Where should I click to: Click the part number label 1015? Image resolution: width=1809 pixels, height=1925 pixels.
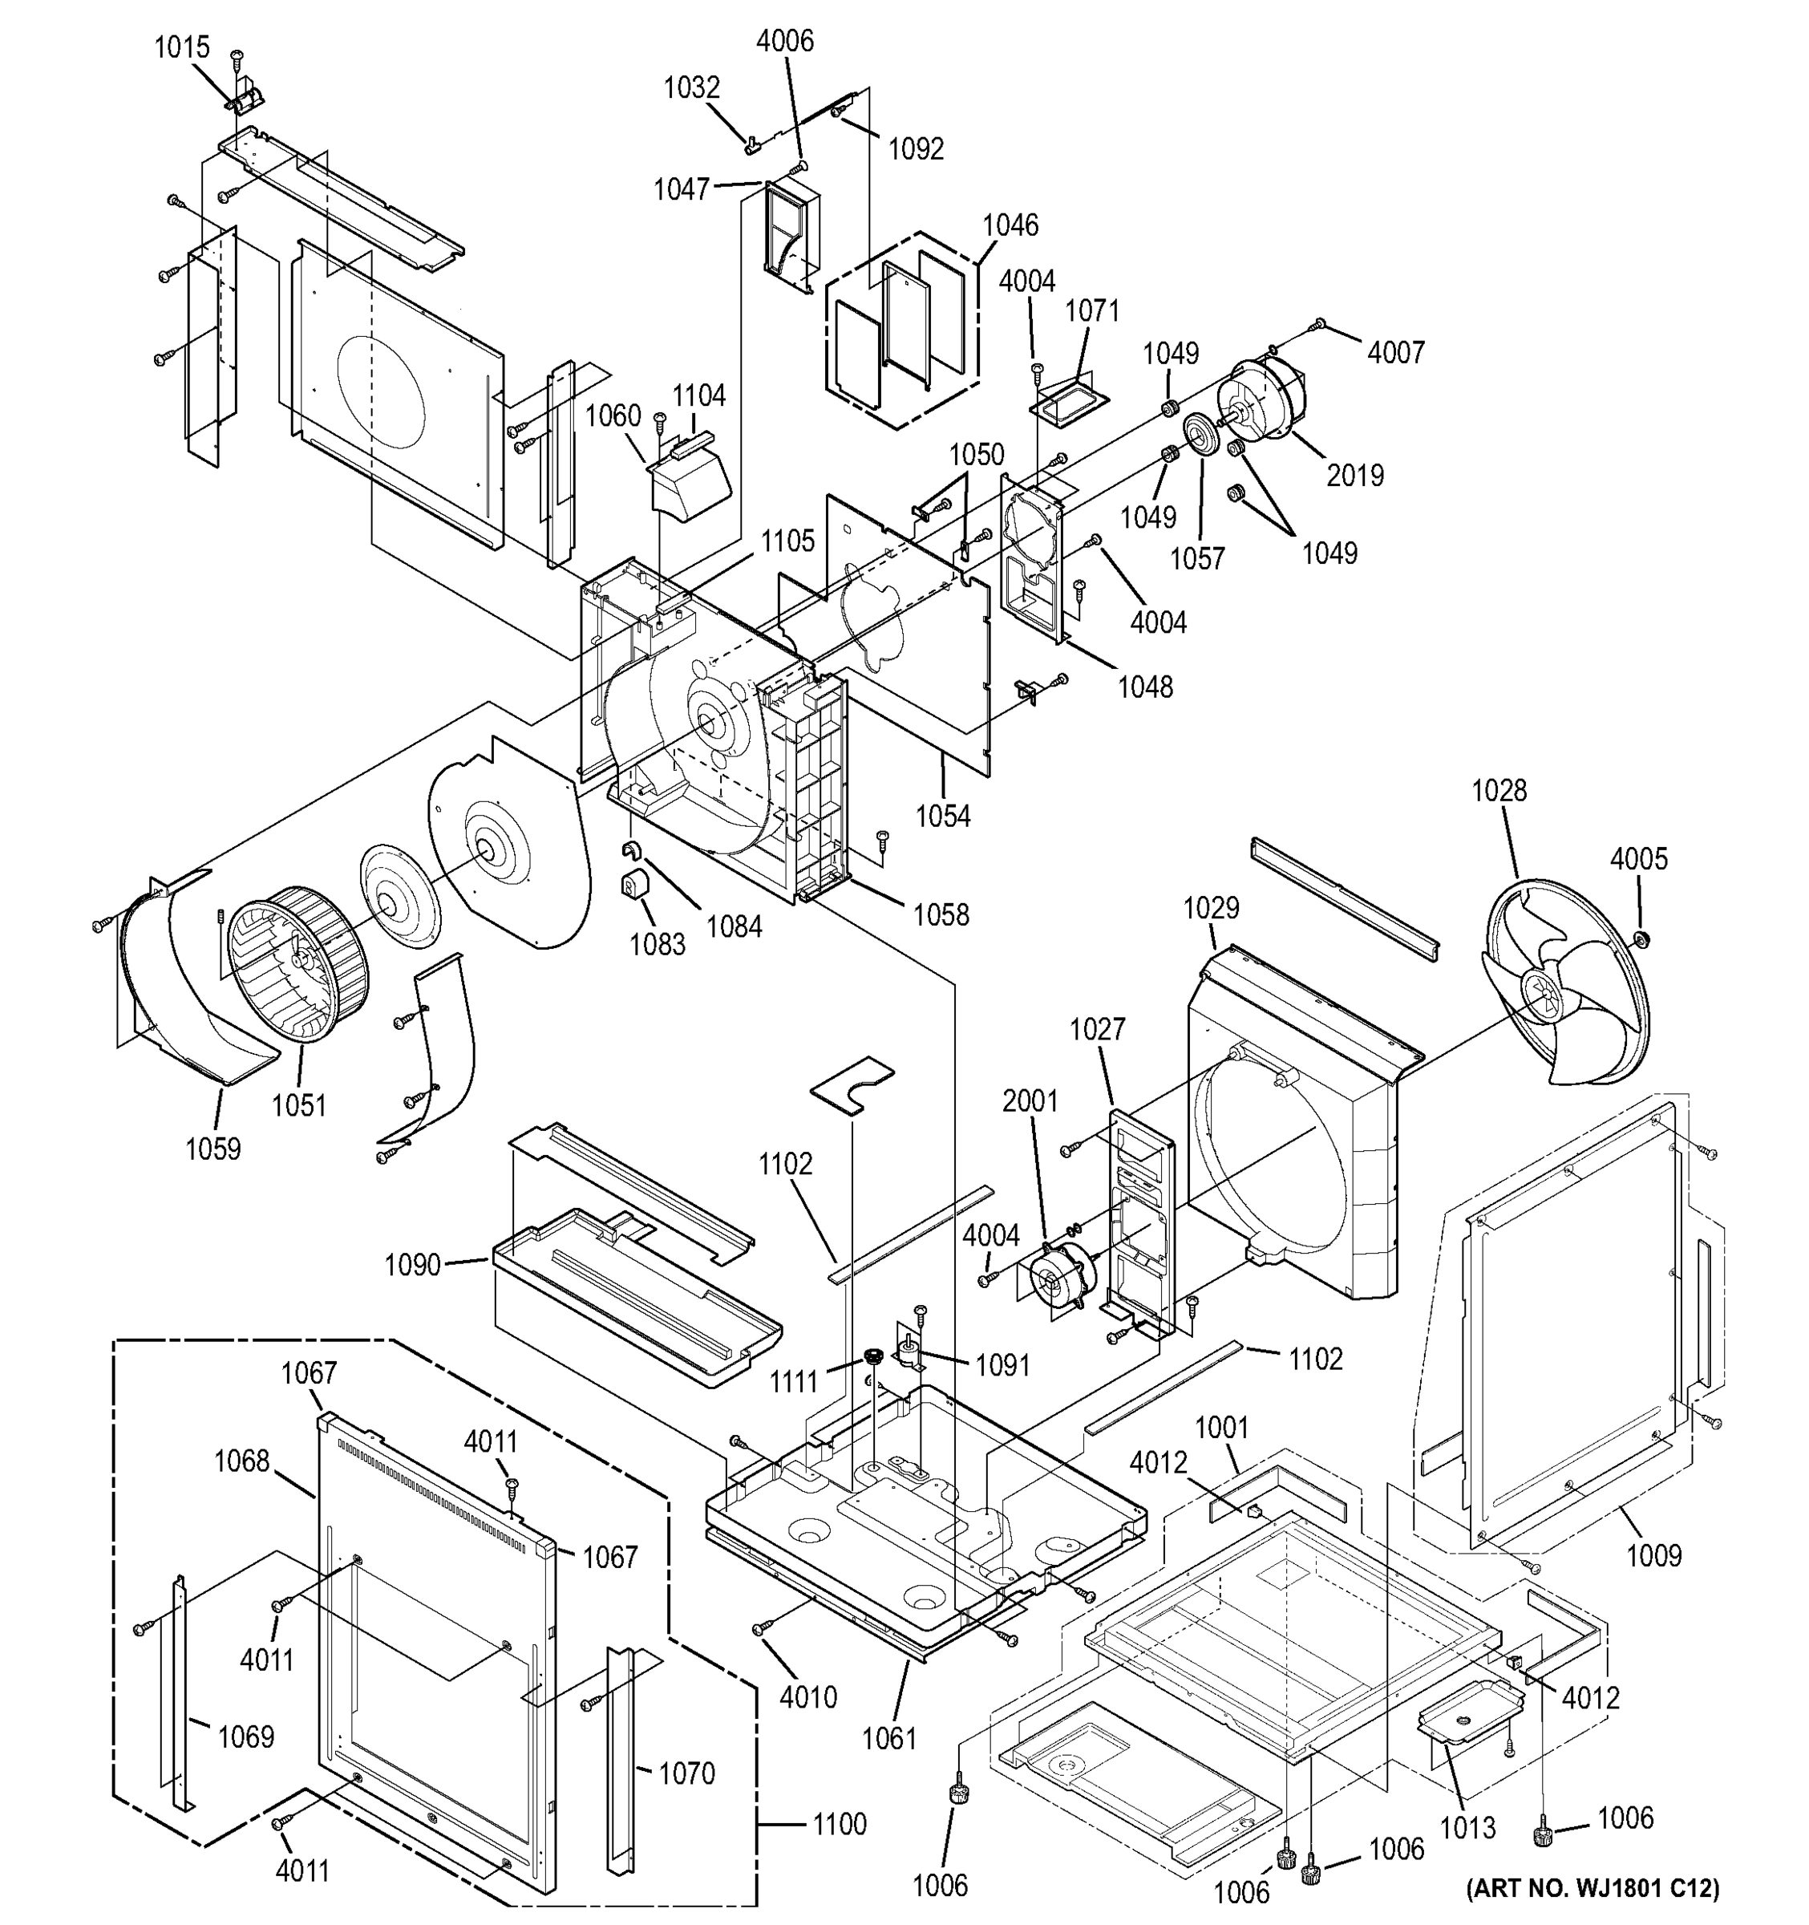[181, 47]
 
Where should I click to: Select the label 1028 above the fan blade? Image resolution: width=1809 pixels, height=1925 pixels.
[1499, 790]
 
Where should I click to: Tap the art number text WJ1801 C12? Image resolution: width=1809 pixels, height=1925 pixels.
[1592, 1888]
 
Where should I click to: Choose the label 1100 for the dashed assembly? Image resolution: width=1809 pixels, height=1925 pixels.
[838, 1824]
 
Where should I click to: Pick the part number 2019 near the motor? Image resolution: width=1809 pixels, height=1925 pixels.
[1354, 475]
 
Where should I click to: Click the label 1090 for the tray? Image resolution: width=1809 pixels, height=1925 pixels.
[412, 1265]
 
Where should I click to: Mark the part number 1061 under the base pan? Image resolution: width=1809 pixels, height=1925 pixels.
[888, 1739]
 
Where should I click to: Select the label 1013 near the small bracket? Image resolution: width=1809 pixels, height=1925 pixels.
[1467, 1827]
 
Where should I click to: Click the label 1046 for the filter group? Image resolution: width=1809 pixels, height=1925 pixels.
[1010, 225]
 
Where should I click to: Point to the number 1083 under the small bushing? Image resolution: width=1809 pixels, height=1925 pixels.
[658, 944]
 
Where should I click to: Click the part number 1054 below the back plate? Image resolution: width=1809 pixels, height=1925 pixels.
[943, 817]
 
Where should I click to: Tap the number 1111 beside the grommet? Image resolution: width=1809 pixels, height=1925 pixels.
[794, 1382]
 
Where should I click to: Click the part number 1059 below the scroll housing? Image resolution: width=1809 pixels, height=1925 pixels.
[213, 1149]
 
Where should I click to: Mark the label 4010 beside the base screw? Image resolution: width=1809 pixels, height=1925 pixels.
[807, 1696]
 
